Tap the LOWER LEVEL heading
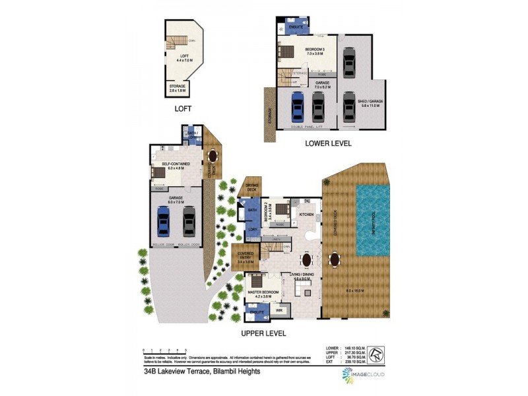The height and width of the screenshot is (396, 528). [x=328, y=143]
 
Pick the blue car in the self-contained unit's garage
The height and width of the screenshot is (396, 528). [x=164, y=222]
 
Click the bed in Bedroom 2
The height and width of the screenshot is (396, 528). [x=280, y=211]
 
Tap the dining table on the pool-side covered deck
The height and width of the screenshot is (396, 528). [x=335, y=258]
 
